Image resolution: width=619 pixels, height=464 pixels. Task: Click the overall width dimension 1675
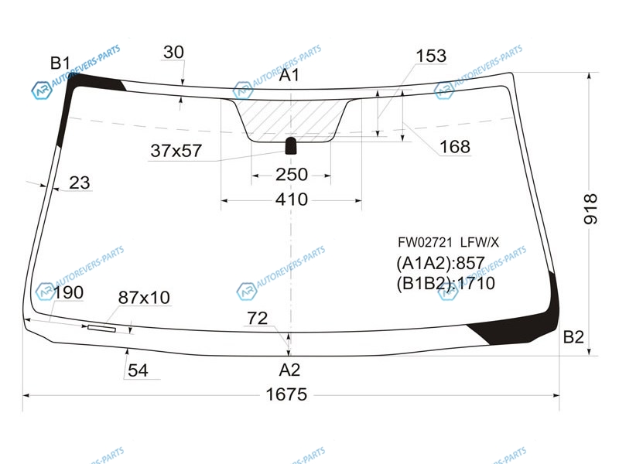286,394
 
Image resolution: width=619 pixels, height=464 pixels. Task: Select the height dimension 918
590,209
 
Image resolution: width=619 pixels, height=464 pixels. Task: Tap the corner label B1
60,63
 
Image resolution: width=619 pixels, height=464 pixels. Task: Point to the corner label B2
573,337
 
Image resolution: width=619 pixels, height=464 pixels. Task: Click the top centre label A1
289,75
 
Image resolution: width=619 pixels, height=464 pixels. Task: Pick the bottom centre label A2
289,370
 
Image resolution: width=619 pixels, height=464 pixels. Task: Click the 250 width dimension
292,175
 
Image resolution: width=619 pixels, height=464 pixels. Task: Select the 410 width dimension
292,200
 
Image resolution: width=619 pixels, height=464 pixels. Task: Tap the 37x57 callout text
176,151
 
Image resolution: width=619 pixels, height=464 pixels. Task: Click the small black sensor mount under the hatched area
291,145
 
